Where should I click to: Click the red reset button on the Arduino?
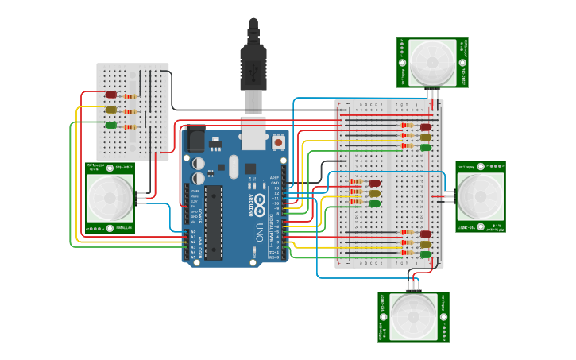pos(278,142)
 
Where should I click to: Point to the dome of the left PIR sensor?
pos(110,198)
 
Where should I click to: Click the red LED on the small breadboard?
pos(111,95)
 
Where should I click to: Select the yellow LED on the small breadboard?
pos(111,110)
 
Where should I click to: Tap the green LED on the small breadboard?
pos(111,124)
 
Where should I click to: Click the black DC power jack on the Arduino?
pos(194,142)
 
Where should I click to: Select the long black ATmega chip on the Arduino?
pos(213,223)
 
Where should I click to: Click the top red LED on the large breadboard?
pos(426,126)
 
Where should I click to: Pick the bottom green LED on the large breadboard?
pos(426,254)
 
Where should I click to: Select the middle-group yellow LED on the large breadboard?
pos(375,193)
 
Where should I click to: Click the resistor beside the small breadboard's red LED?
pos(131,96)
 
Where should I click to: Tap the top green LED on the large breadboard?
pos(426,147)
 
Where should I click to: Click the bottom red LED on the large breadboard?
pos(426,234)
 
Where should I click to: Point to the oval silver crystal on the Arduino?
pos(233,166)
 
